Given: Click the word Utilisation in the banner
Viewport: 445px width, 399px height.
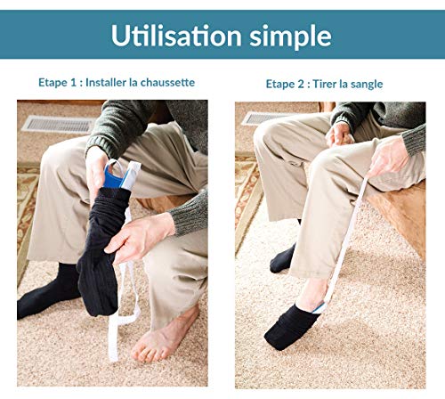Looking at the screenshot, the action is click(176, 36).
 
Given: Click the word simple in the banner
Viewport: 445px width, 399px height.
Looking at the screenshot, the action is click(290, 37).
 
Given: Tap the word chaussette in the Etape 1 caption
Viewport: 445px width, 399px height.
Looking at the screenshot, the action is click(167, 82).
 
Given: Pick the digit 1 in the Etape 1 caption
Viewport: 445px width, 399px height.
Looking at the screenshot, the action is click(73, 83).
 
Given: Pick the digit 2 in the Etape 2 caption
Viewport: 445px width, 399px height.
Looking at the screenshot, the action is click(300, 85).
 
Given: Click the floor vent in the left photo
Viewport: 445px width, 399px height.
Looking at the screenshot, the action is click(59, 124).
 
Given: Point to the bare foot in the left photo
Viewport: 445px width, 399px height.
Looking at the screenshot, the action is click(163, 336).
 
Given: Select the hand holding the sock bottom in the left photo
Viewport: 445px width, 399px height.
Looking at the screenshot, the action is click(140, 238).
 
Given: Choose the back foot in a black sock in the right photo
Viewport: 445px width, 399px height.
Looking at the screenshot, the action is click(283, 258).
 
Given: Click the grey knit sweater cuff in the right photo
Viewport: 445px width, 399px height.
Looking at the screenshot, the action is click(415, 140).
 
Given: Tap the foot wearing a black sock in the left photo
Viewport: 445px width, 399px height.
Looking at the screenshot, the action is click(49, 292).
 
